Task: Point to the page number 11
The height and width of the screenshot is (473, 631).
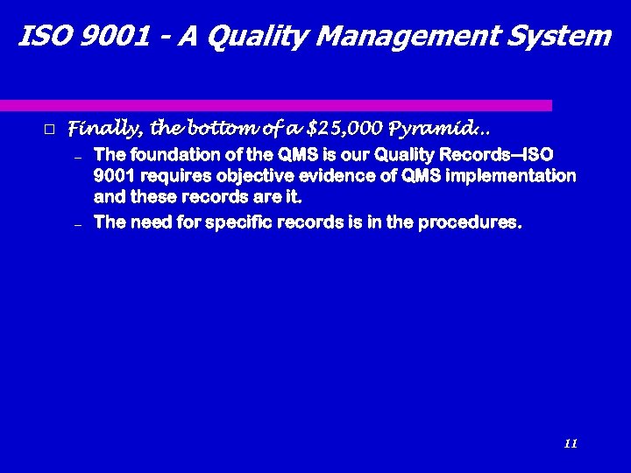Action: coord(571,444)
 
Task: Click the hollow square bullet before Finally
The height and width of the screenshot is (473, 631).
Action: coord(49,130)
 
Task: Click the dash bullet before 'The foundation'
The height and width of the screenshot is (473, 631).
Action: coord(77,158)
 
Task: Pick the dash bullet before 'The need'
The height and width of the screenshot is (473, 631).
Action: coord(77,225)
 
